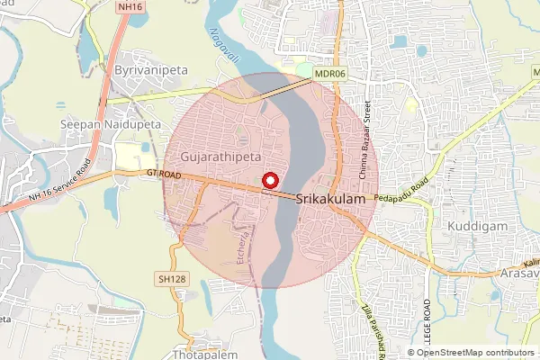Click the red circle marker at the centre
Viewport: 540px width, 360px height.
269,180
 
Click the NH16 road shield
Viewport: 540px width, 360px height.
130,7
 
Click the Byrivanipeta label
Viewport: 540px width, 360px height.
145,68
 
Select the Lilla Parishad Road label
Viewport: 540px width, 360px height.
368,329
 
